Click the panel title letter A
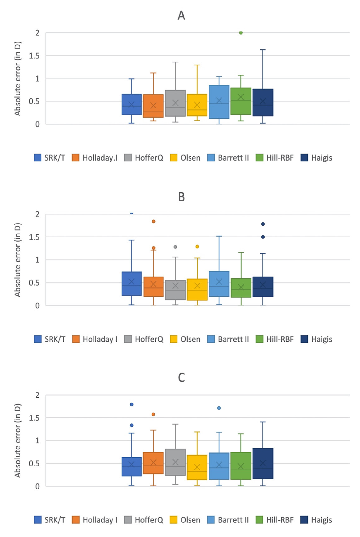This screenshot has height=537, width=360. (181, 16)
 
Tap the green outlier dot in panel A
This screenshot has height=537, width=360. (241, 33)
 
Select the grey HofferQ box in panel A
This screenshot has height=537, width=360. (175, 103)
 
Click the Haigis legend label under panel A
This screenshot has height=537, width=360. (322, 158)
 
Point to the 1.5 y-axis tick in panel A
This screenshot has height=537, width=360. (34, 56)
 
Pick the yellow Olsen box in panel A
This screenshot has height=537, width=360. (197, 105)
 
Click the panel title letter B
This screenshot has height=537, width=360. (181, 197)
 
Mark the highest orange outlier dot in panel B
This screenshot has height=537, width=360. (154, 221)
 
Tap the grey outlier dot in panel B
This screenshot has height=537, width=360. (175, 247)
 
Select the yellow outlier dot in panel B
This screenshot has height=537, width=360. (197, 246)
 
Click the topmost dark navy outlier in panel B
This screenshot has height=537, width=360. (263, 224)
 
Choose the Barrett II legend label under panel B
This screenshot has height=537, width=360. (233, 339)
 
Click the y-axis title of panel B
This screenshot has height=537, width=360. (17, 260)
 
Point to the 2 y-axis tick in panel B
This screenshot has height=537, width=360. (37, 214)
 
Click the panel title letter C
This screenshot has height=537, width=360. (181, 378)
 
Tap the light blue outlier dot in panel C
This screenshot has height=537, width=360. (219, 408)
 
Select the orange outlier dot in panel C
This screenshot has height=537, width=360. (154, 414)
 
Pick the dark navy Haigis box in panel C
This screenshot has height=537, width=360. (263, 463)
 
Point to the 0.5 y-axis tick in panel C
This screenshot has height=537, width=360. (34, 463)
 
